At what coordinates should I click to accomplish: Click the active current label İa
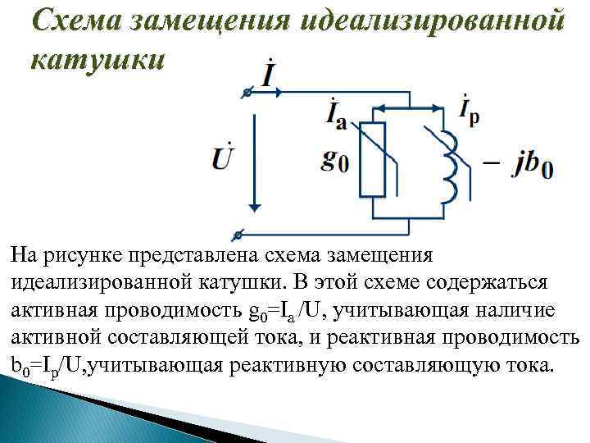[x=337, y=116]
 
